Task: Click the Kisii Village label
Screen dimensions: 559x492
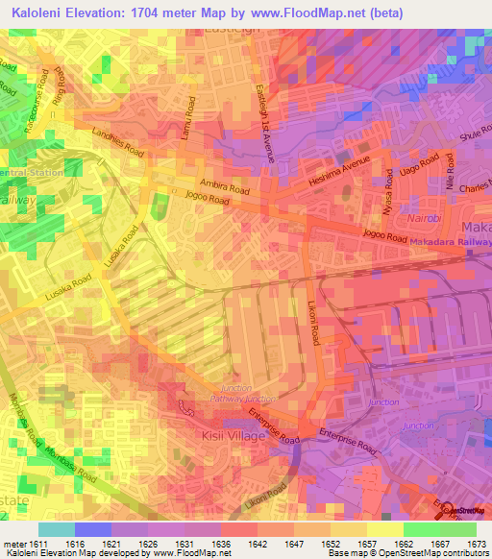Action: click(227, 436)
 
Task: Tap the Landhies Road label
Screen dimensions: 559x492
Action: click(117, 144)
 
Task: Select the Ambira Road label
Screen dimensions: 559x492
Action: click(218, 184)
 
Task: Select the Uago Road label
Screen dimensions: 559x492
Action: click(412, 179)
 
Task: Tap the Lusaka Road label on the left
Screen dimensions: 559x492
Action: click(68, 289)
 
